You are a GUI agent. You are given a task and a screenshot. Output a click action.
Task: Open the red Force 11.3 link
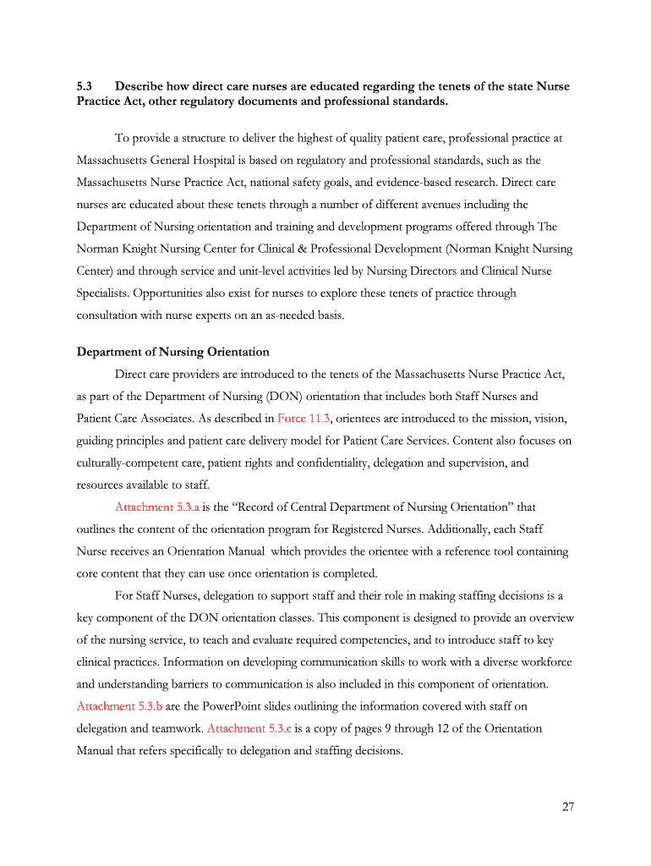[x=304, y=419]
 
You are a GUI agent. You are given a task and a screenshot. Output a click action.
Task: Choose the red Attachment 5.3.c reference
[x=249, y=727]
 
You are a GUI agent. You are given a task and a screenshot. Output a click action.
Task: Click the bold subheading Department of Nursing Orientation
[x=173, y=352]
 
